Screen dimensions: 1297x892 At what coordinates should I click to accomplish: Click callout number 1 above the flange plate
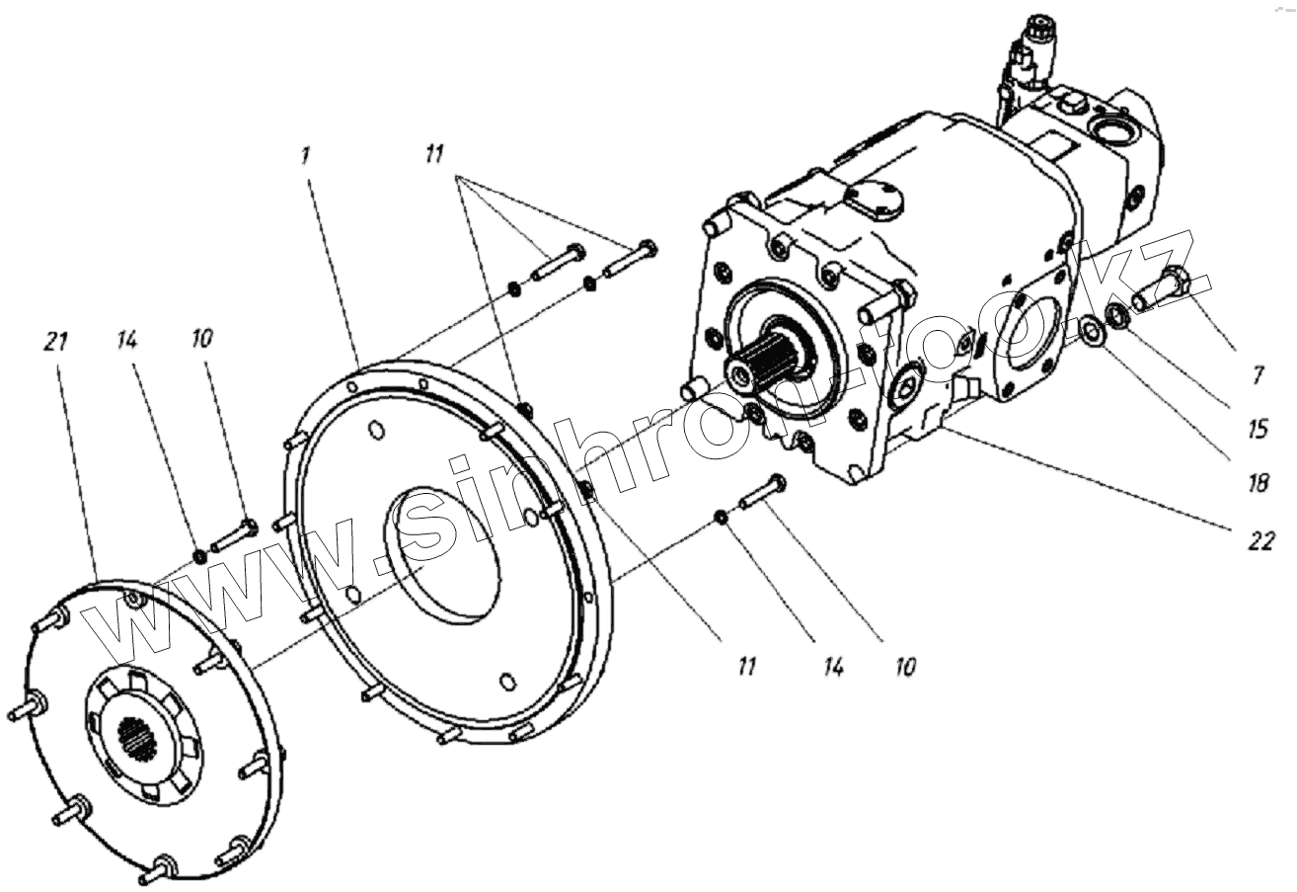pyautogui.click(x=305, y=155)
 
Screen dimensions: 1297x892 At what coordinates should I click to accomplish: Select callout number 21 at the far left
pyautogui.click(x=56, y=342)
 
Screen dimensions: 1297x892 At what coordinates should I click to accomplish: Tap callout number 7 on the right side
pyautogui.click(x=1257, y=375)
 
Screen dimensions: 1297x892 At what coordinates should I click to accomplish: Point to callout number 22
pyautogui.click(x=1261, y=540)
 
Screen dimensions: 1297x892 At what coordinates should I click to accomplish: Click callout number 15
pyautogui.click(x=1259, y=429)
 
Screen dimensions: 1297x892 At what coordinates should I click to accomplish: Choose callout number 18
pyautogui.click(x=1259, y=482)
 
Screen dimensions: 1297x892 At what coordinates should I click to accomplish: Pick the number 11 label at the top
pyautogui.click(x=434, y=155)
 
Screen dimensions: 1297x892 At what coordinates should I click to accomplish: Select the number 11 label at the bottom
pyautogui.click(x=747, y=667)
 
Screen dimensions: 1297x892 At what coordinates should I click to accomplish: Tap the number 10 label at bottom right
pyautogui.click(x=905, y=667)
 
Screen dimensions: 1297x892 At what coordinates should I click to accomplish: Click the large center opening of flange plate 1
pyautogui.click(x=442, y=553)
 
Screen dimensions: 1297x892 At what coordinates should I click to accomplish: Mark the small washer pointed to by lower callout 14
pyautogui.click(x=722, y=517)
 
